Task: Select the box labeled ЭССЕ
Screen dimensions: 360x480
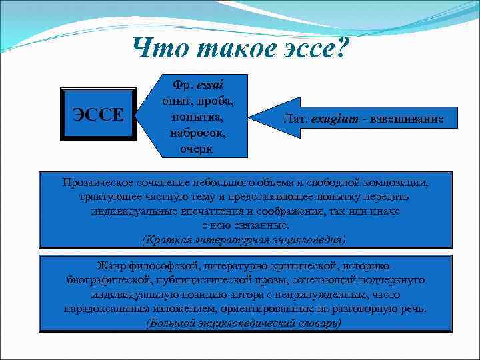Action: click(97, 113)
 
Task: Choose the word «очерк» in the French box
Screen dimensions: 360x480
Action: click(197, 149)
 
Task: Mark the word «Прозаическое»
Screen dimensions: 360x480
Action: click(99, 182)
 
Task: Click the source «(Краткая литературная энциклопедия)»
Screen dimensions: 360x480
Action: click(244, 239)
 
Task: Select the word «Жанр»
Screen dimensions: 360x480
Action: click(112, 266)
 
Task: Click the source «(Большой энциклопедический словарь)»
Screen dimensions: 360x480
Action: click(244, 323)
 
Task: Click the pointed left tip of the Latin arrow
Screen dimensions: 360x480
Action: click(251, 119)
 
